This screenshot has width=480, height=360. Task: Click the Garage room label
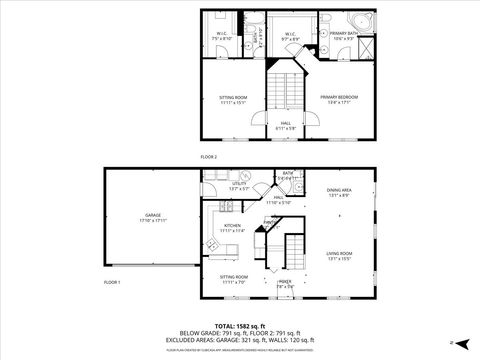point(153,216)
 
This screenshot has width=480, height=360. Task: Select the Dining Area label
point(339,192)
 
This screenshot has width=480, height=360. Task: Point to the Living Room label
point(339,254)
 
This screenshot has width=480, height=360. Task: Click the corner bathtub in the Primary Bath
point(357,24)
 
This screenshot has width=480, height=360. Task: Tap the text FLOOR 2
point(209,156)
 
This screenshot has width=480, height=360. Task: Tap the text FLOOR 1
point(112,283)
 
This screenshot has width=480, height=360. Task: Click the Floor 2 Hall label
point(285,125)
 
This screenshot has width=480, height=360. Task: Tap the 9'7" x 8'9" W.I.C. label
point(289,36)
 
